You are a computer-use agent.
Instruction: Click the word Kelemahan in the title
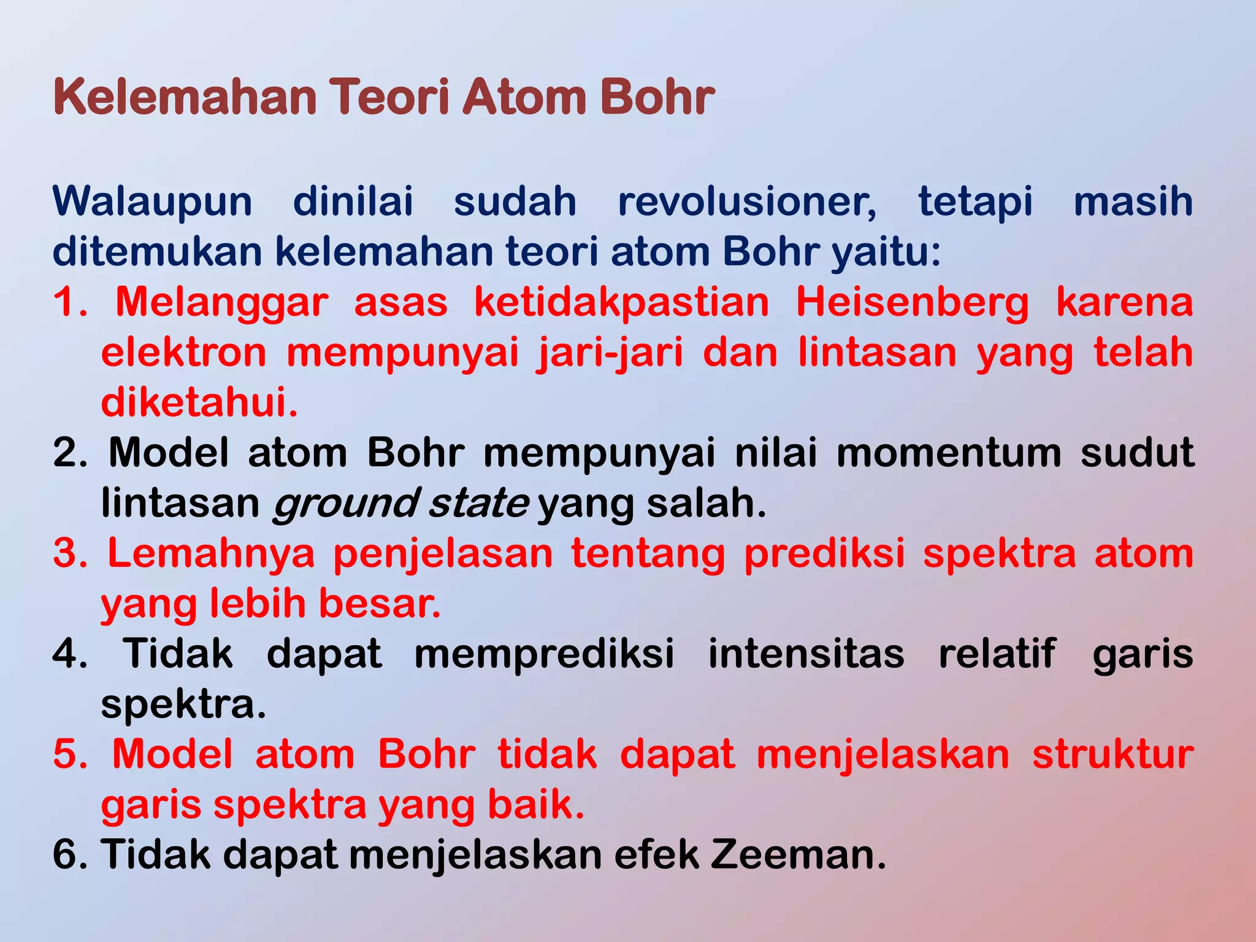tap(184, 98)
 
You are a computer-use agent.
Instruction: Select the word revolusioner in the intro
tap(746, 202)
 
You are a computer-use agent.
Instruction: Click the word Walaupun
tap(152, 202)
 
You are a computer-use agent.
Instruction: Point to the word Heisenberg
tap(912, 303)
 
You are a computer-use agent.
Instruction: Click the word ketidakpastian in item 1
tap(621, 303)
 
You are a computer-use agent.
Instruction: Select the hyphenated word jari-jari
tap(610, 354)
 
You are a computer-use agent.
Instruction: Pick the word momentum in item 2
tap(948, 453)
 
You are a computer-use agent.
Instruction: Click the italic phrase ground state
tap(400, 504)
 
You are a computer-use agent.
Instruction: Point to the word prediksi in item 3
tap(824, 553)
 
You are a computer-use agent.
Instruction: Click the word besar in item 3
tap(379, 603)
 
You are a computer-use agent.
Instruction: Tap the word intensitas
tap(806, 654)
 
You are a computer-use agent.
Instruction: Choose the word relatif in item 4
tap(997, 654)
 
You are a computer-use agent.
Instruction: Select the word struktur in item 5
tap(1112, 754)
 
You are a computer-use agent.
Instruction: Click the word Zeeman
tap(798, 855)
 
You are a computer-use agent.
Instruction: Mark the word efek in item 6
tap(656, 855)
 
